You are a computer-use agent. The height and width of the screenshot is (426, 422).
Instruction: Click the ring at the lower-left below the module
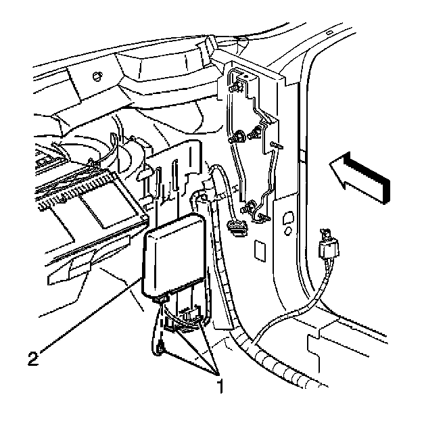pos(161,348)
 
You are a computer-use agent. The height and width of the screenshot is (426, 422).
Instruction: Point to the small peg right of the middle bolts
pos(276,146)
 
